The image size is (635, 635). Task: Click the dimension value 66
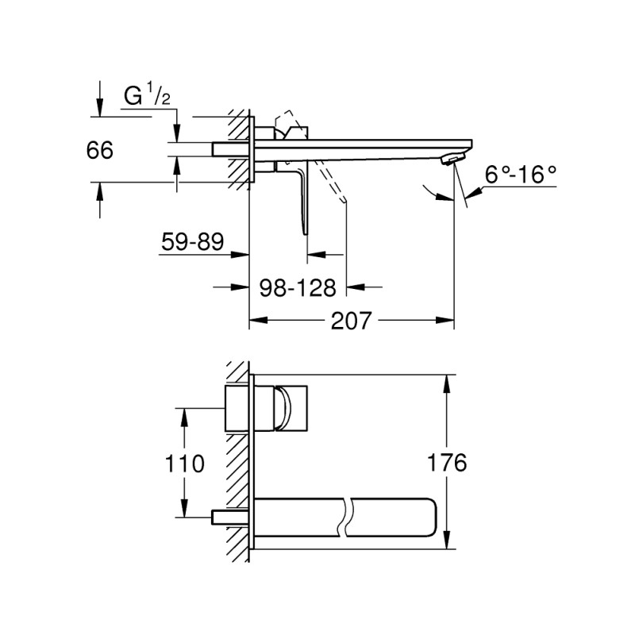click(100, 150)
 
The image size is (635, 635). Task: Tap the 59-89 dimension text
click(193, 241)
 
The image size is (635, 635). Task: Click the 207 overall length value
click(350, 321)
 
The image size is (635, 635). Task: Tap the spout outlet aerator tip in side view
click(449, 160)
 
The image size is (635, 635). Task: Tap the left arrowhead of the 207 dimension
click(256, 321)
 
